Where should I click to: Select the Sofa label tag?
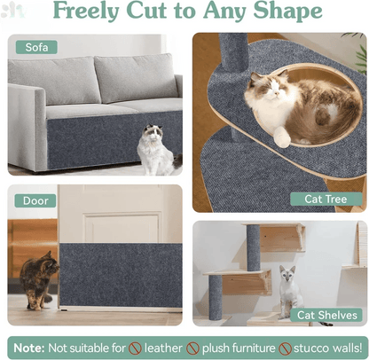tap(36, 47)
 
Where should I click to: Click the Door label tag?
tap(35, 200)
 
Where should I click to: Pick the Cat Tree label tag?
tap(326, 199)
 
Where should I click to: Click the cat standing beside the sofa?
tap(155, 149)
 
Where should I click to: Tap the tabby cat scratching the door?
tap(38, 279)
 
